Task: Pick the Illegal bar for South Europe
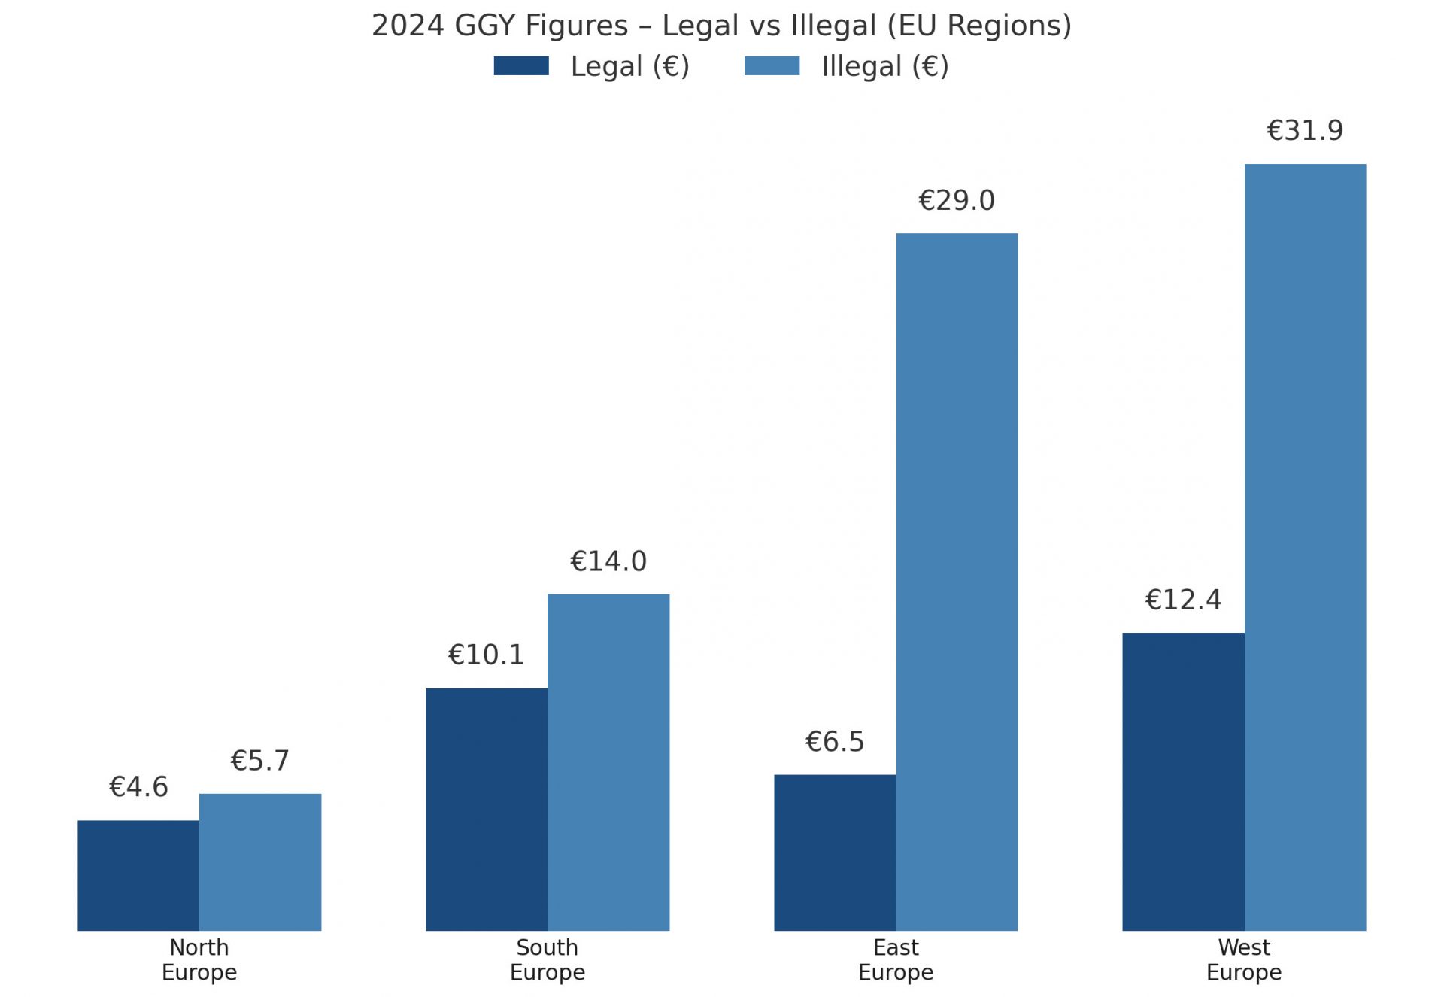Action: [608, 762]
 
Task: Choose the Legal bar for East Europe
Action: [835, 853]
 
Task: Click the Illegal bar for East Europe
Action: [957, 582]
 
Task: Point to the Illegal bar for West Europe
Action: [1305, 547]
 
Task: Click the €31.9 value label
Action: [1305, 131]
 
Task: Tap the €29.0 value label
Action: [957, 201]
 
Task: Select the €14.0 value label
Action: [608, 561]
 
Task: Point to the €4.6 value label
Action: [138, 787]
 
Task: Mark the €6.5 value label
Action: [835, 742]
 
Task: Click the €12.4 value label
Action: [1183, 600]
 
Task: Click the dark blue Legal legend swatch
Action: [521, 66]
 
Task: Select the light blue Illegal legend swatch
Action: [772, 66]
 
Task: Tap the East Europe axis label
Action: [895, 959]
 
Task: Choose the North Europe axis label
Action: [199, 959]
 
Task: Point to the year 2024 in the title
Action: [408, 26]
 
